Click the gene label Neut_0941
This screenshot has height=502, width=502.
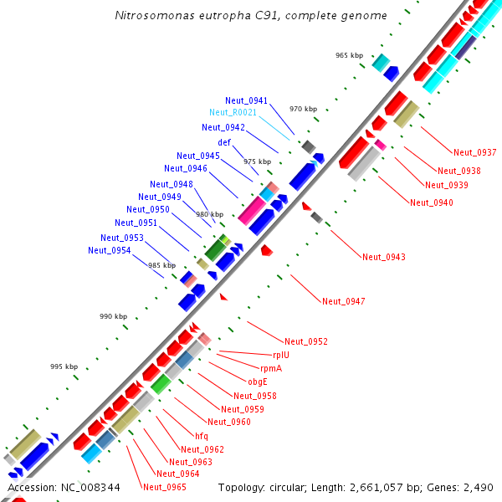[x=246, y=100]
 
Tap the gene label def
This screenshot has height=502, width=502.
[x=224, y=142]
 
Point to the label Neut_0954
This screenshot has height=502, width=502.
[x=109, y=250]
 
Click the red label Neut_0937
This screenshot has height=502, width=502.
[x=474, y=152]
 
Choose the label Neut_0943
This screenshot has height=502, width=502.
[x=383, y=257]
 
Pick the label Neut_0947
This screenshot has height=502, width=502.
[x=343, y=301]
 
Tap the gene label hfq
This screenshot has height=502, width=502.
[x=202, y=436]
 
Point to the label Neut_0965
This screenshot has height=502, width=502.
[x=164, y=487]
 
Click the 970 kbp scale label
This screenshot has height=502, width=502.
[x=304, y=109]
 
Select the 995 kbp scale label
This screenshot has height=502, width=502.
[x=64, y=366]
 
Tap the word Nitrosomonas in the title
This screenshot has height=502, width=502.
[x=150, y=16]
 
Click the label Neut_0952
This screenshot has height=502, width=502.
[x=305, y=341]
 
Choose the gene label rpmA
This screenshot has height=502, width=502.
[x=271, y=368]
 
